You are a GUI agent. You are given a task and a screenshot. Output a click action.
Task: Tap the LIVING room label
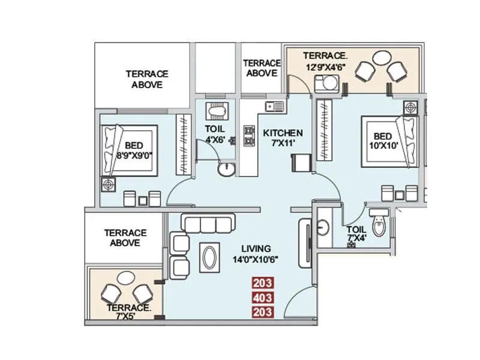(x=256, y=248)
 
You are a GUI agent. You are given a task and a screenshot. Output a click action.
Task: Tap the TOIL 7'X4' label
(x=356, y=233)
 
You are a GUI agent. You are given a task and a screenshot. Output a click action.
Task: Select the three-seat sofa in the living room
(x=208, y=224)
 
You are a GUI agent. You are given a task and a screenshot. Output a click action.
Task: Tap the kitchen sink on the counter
(x=275, y=106)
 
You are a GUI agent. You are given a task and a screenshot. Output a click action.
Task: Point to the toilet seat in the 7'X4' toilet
(x=379, y=225)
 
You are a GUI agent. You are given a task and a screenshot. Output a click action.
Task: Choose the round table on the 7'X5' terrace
(x=127, y=278)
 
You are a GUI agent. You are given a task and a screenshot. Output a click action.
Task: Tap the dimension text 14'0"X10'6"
(x=256, y=260)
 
